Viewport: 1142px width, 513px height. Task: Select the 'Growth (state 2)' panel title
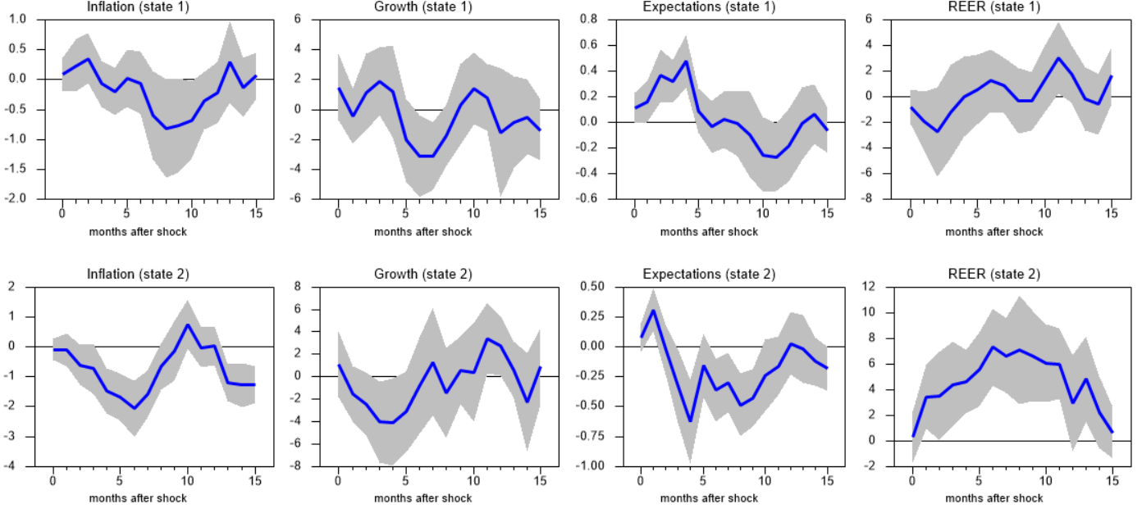(x=423, y=274)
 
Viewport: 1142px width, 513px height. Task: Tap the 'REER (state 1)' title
(x=994, y=7)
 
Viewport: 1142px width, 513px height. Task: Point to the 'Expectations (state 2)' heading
(x=709, y=274)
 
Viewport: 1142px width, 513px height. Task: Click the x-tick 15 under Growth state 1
(x=541, y=214)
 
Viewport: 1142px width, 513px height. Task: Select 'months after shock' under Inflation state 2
(x=138, y=498)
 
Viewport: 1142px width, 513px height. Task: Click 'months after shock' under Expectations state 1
(x=709, y=232)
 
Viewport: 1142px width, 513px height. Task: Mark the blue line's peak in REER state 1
(x=1059, y=58)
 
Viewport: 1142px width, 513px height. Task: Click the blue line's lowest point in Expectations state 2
(x=691, y=421)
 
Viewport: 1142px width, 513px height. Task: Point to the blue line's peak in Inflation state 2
(x=187, y=325)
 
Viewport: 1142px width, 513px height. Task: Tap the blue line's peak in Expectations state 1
(x=685, y=61)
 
